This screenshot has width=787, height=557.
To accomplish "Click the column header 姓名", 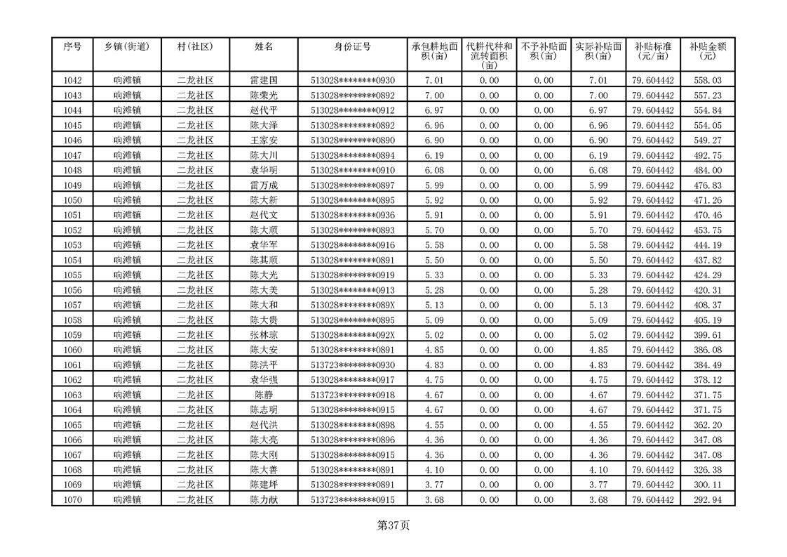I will pos(264,47).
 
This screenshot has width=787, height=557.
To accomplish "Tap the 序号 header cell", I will pos(72,47).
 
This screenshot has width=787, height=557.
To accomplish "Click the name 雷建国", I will pos(264,81).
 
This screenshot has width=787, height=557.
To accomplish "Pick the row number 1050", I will pos(72,200).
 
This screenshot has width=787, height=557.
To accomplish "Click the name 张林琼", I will pos(264,335).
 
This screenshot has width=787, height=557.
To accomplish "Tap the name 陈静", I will pos(264,395).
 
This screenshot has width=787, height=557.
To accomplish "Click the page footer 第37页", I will pos(393,525).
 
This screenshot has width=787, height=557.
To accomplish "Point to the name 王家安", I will pos(264,140).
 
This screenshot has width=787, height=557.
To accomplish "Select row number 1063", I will pos(72,395).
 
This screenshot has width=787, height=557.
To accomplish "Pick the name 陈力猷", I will pos(264,499).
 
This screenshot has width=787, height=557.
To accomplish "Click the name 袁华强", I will pos(264,380).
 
